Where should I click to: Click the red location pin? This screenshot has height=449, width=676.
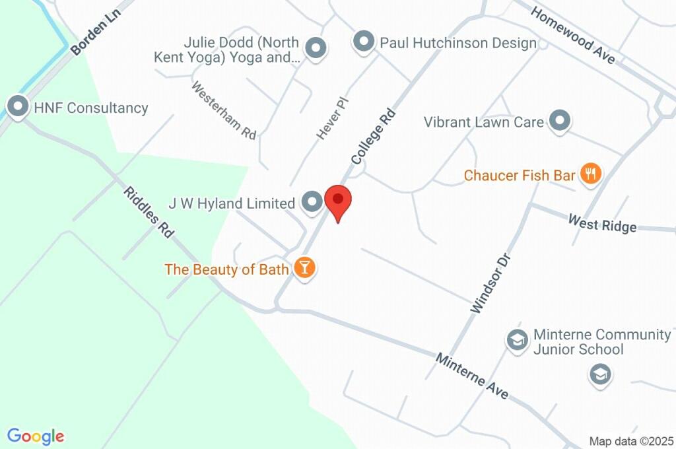pos(338,201)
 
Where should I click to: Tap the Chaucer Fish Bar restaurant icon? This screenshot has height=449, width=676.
pos(590,174)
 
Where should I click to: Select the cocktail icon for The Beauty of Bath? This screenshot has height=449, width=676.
pos(304,268)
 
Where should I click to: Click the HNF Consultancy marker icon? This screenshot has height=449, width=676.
pos(17,106)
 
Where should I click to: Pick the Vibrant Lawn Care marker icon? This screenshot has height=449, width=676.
pos(560,121)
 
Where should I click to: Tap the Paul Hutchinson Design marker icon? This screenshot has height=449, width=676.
pos(363,42)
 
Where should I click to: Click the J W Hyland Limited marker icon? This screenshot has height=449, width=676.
pos(312,202)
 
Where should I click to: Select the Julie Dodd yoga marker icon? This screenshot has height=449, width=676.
pos(317,48)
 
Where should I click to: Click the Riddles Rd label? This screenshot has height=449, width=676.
pos(149,212)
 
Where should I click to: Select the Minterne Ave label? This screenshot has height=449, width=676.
pos(472,376)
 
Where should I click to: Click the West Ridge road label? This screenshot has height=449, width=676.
pos(602,223)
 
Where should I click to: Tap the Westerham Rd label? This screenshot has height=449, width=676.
pos(224,110)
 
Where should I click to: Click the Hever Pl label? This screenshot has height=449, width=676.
pos(332,118)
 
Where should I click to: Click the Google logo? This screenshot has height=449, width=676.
pos(36,436)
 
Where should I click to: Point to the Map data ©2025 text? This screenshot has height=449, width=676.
pos(631,441)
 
